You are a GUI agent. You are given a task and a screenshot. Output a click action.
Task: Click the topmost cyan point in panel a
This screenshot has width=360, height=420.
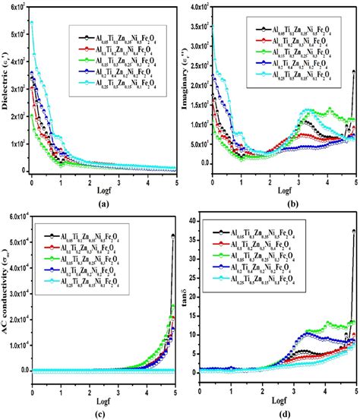[x=32, y=22]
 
